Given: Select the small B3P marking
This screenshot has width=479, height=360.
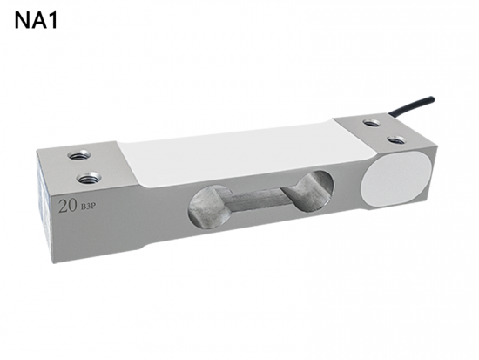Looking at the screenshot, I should tap(87, 208).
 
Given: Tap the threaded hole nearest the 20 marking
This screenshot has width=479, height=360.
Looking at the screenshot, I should tap(87, 180).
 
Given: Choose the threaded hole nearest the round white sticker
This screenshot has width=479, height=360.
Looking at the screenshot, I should tap(396, 139).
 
